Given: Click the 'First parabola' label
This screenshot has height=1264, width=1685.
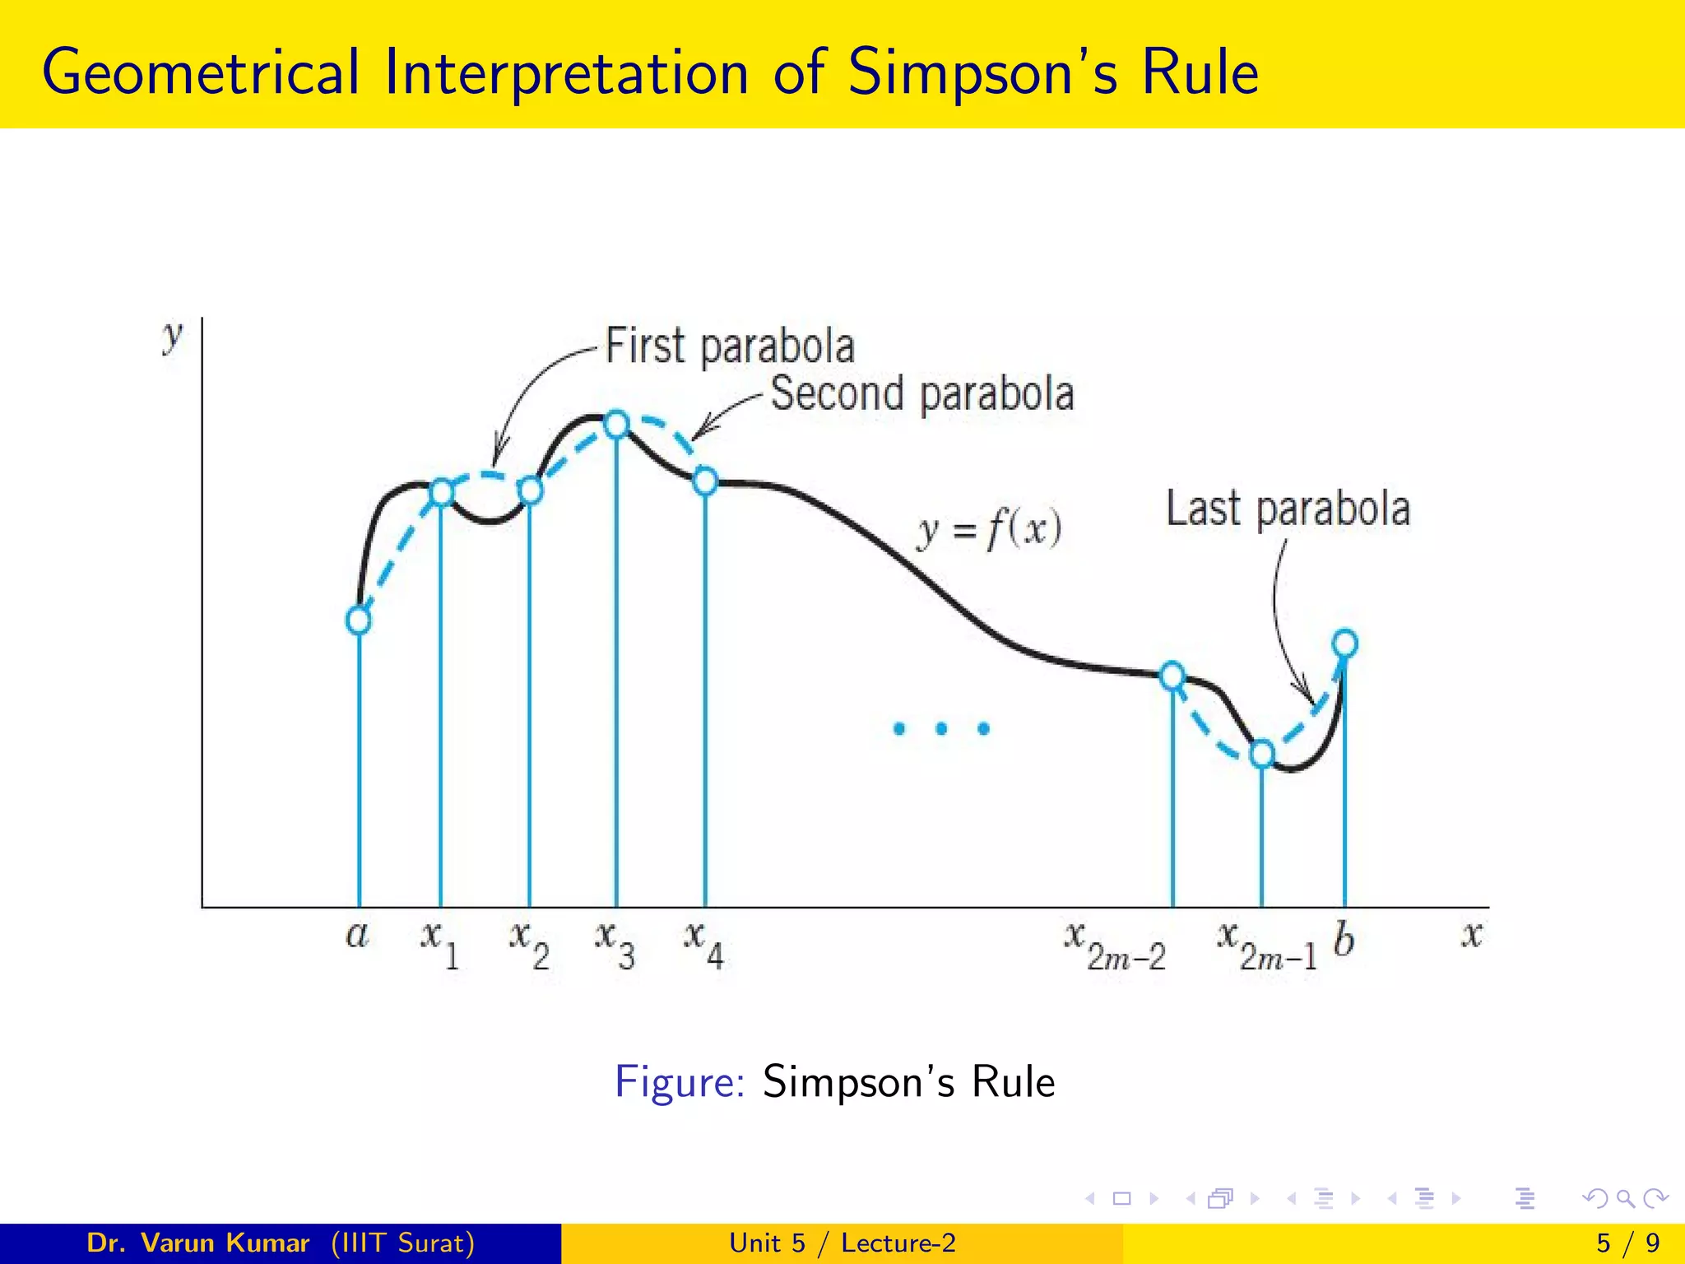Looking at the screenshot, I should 730,346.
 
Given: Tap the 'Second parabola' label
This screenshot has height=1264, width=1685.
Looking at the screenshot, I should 921,393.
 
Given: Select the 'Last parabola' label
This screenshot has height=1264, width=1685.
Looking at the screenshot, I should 1288,509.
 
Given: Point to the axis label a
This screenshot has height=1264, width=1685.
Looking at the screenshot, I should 357,935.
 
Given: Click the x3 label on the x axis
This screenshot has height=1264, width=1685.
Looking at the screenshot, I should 615,943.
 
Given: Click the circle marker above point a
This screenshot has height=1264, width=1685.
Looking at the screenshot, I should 358,620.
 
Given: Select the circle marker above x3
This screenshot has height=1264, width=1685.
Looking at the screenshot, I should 616,425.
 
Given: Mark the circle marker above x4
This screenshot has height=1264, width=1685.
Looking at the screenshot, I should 705,481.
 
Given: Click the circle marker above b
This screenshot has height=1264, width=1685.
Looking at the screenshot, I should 1344,643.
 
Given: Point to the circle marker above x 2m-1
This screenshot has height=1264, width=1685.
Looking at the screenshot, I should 1262,753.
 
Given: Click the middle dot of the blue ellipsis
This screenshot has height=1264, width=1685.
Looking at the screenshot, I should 941,728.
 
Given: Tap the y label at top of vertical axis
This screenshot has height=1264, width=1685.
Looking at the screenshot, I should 172,336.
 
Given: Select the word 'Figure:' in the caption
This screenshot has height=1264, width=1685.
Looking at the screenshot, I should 680,1081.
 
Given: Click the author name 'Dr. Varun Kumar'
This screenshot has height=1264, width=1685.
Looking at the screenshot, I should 197,1243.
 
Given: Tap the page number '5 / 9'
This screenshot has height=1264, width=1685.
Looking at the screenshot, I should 1627,1243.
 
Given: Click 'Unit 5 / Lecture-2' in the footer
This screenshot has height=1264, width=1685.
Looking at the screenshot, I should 842,1243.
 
